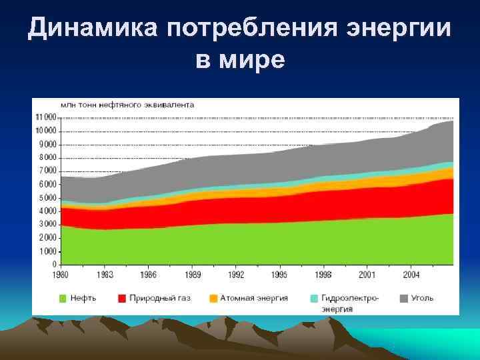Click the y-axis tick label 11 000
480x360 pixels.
pyautogui.click(x=46, y=117)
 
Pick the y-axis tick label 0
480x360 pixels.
pyautogui.click(x=55, y=265)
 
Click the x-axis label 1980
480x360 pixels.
pyautogui.click(x=61, y=274)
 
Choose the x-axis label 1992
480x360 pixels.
pyautogui.click(x=236, y=274)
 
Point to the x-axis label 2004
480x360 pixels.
pyautogui.click(x=411, y=274)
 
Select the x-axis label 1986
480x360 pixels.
pyautogui.click(x=148, y=274)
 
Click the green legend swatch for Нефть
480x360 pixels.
pyautogui.click(x=64, y=298)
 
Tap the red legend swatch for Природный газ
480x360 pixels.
pyautogui.click(x=123, y=298)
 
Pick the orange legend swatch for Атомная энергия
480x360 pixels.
pyautogui.click(x=213, y=298)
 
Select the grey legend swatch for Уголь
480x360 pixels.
pyautogui.click(x=404, y=298)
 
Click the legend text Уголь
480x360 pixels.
pyautogui.click(x=423, y=298)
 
